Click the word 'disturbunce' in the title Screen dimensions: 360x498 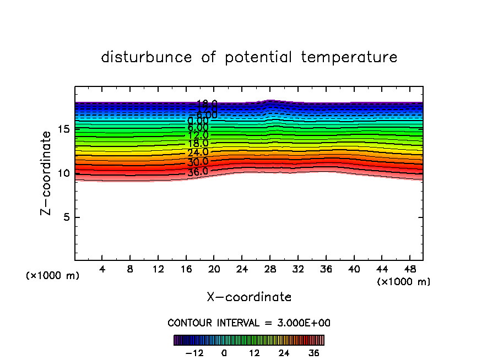click(x=147, y=57)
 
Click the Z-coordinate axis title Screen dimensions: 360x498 click(x=48, y=173)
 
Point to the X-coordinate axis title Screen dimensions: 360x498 click(x=249, y=297)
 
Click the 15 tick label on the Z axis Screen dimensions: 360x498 click(x=62, y=129)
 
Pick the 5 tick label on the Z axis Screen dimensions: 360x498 click(x=64, y=217)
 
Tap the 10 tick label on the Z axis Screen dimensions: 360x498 click(x=62, y=173)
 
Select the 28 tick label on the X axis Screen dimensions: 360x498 click(x=270, y=270)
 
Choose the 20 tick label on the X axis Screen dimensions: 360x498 click(x=214, y=270)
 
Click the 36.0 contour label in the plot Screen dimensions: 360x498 click(x=198, y=171)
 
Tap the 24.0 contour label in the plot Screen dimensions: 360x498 click(x=198, y=152)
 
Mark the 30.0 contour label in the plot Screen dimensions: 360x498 click(x=198, y=162)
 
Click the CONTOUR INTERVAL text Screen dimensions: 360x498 click(x=249, y=323)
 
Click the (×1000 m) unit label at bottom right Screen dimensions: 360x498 click(x=404, y=282)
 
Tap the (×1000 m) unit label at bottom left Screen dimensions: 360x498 click(x=53, y=275)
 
